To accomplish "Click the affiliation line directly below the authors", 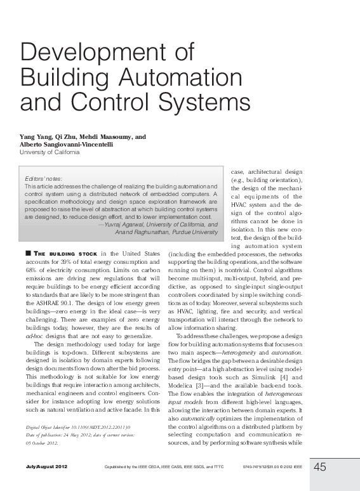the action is pyautogui.click(x=50, y=152).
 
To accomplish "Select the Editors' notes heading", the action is pyautogui.click(x=43, y=180).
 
